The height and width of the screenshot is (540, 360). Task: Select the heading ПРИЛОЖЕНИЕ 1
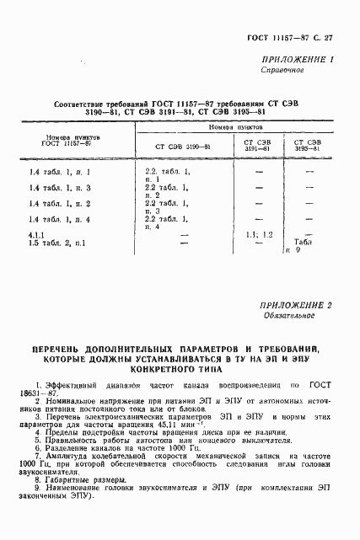tap(301, 60)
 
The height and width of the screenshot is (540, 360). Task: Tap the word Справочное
tap(294, 72)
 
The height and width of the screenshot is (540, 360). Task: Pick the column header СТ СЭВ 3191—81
tap(257, 147)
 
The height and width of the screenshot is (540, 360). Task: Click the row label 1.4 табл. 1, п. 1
tap(59, 174)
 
